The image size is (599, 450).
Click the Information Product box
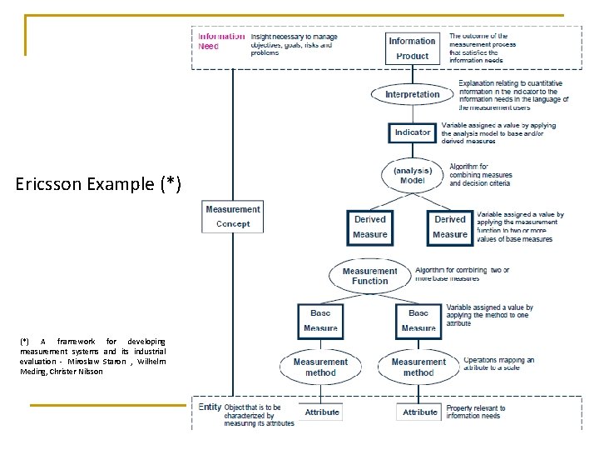[x=412, y=48]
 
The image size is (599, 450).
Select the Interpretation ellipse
[x=412, y=94]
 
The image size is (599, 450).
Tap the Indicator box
[x=413, y=132]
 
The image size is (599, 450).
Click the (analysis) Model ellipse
[x=413, y=175]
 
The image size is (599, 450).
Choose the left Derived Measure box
[x=370, y=227]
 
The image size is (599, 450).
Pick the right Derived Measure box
[x=450, y=227]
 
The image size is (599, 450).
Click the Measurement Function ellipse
[x=370, y=276]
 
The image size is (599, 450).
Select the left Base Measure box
[x=320, y=321]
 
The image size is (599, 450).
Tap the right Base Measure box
[x=418, y=321]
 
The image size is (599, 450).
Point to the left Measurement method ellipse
[x=320, y=367]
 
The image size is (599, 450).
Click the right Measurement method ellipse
[x=418, y=367]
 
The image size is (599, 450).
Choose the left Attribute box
[x=322, y=412]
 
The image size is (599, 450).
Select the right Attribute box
[x=420, y=412]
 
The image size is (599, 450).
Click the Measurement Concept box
[x=233, y=217]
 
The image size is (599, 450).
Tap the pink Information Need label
[x=221, y=41]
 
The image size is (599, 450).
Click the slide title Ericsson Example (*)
[x=98, y=183]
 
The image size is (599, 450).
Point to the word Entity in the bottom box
[x=210, y=407]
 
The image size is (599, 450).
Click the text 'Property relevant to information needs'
[x=475, y=412]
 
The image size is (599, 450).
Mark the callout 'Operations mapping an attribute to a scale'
[x=498, y=363]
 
